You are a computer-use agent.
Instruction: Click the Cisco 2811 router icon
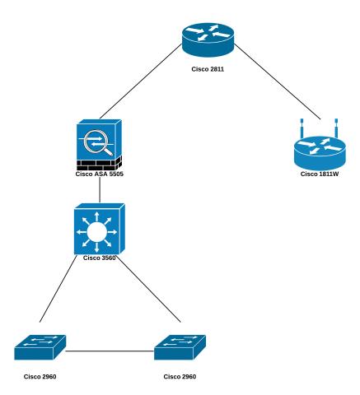coord(208,39)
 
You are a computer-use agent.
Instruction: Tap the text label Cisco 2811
coord(208,69)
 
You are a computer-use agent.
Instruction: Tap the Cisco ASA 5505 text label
coord(100,174)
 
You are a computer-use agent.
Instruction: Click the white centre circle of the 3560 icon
coord(100,231)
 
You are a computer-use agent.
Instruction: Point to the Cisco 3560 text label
coord(100,258)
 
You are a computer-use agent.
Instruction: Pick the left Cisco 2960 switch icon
coord(40,347)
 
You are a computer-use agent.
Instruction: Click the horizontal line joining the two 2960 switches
coord(110,354)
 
